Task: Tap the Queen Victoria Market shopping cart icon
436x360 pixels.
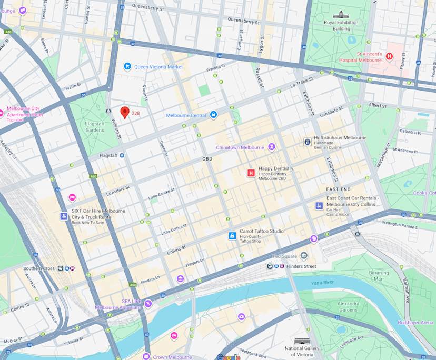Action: pos(127,66)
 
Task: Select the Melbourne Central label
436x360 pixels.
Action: pos(186,115)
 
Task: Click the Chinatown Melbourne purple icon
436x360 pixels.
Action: pos(272,147)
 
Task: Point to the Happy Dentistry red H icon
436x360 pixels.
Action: pos(251,173)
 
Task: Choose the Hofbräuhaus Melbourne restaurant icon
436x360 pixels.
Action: pos(307,142)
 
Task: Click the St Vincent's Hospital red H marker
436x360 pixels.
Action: pos(390,56)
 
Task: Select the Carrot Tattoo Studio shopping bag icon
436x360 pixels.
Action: pos(232,236)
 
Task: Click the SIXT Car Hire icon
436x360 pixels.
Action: pos(64,216)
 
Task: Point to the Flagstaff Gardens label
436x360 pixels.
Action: pos(95,127)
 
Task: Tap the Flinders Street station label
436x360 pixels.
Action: pos(302,266)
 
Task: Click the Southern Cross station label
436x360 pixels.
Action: pos(38,268)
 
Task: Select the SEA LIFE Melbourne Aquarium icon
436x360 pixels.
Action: pos(148,303)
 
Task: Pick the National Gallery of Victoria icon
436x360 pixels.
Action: pos(302,341)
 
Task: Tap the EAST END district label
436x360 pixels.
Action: pos(338,189)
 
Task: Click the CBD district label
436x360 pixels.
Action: pos(207,158)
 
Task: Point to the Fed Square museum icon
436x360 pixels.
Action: pos(304,256)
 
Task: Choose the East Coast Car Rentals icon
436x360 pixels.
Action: pos(319,206)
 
